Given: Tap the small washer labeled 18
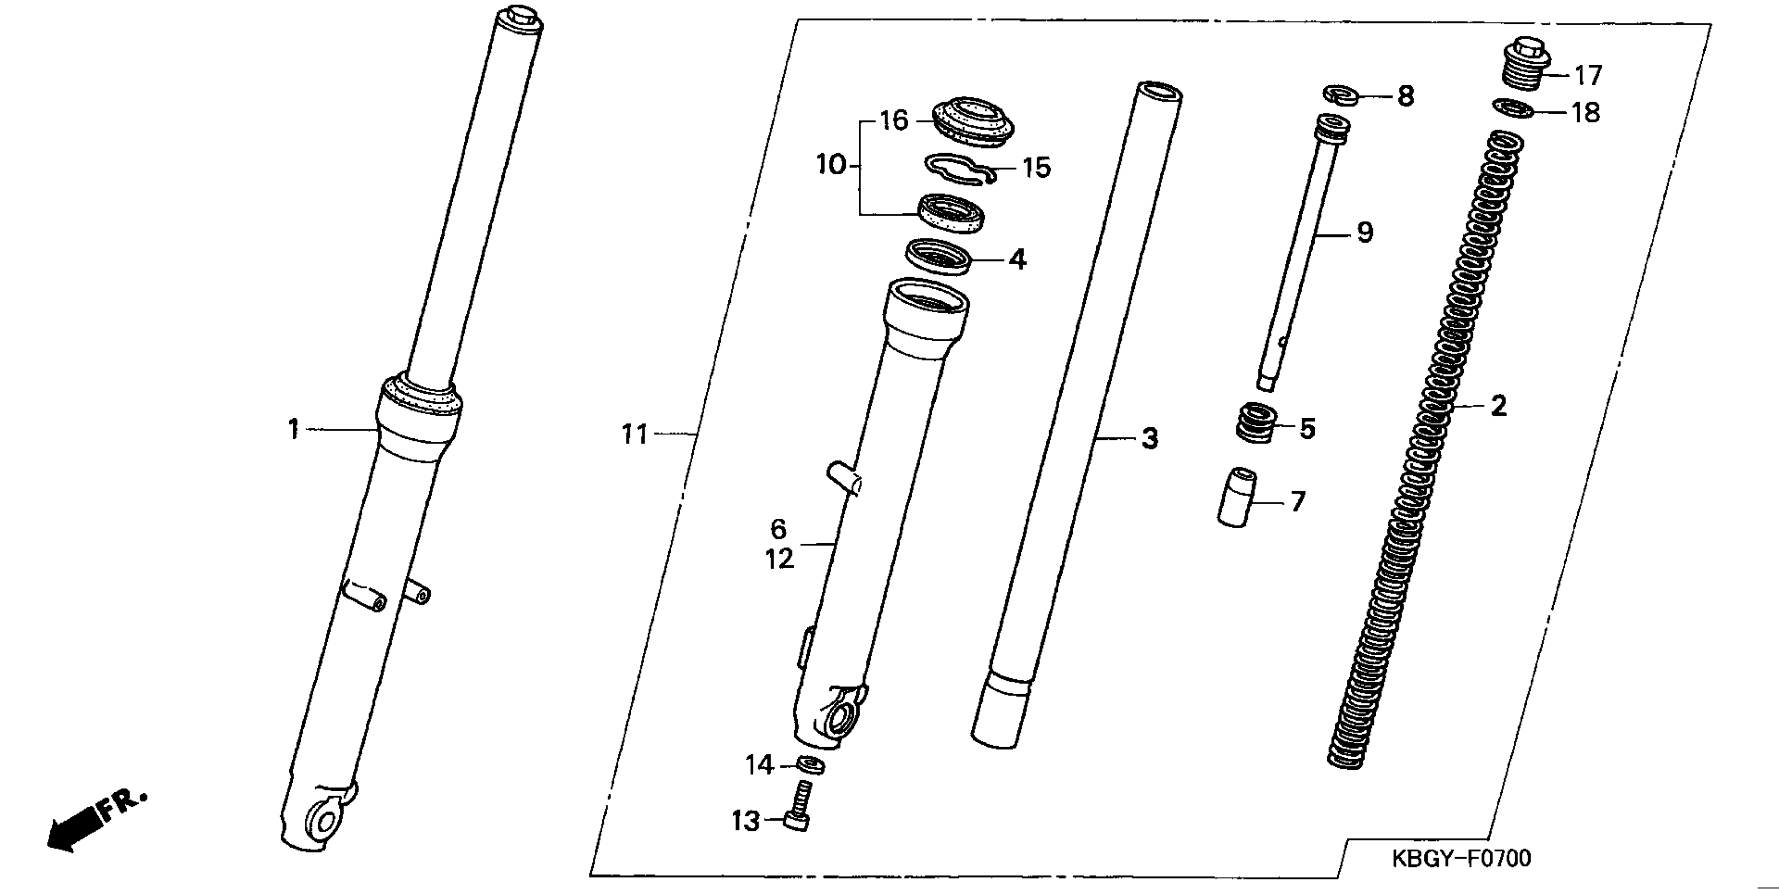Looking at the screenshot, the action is [1513, 108].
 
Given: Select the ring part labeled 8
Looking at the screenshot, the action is [1341, 95].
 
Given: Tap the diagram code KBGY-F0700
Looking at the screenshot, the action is [1461, 859].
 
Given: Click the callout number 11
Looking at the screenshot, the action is [635, 435].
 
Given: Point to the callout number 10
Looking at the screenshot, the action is [831, 165].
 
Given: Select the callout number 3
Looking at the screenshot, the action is [1149, 438].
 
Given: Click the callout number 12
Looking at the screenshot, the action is [779, 559].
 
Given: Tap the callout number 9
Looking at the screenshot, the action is [1364, 233].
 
